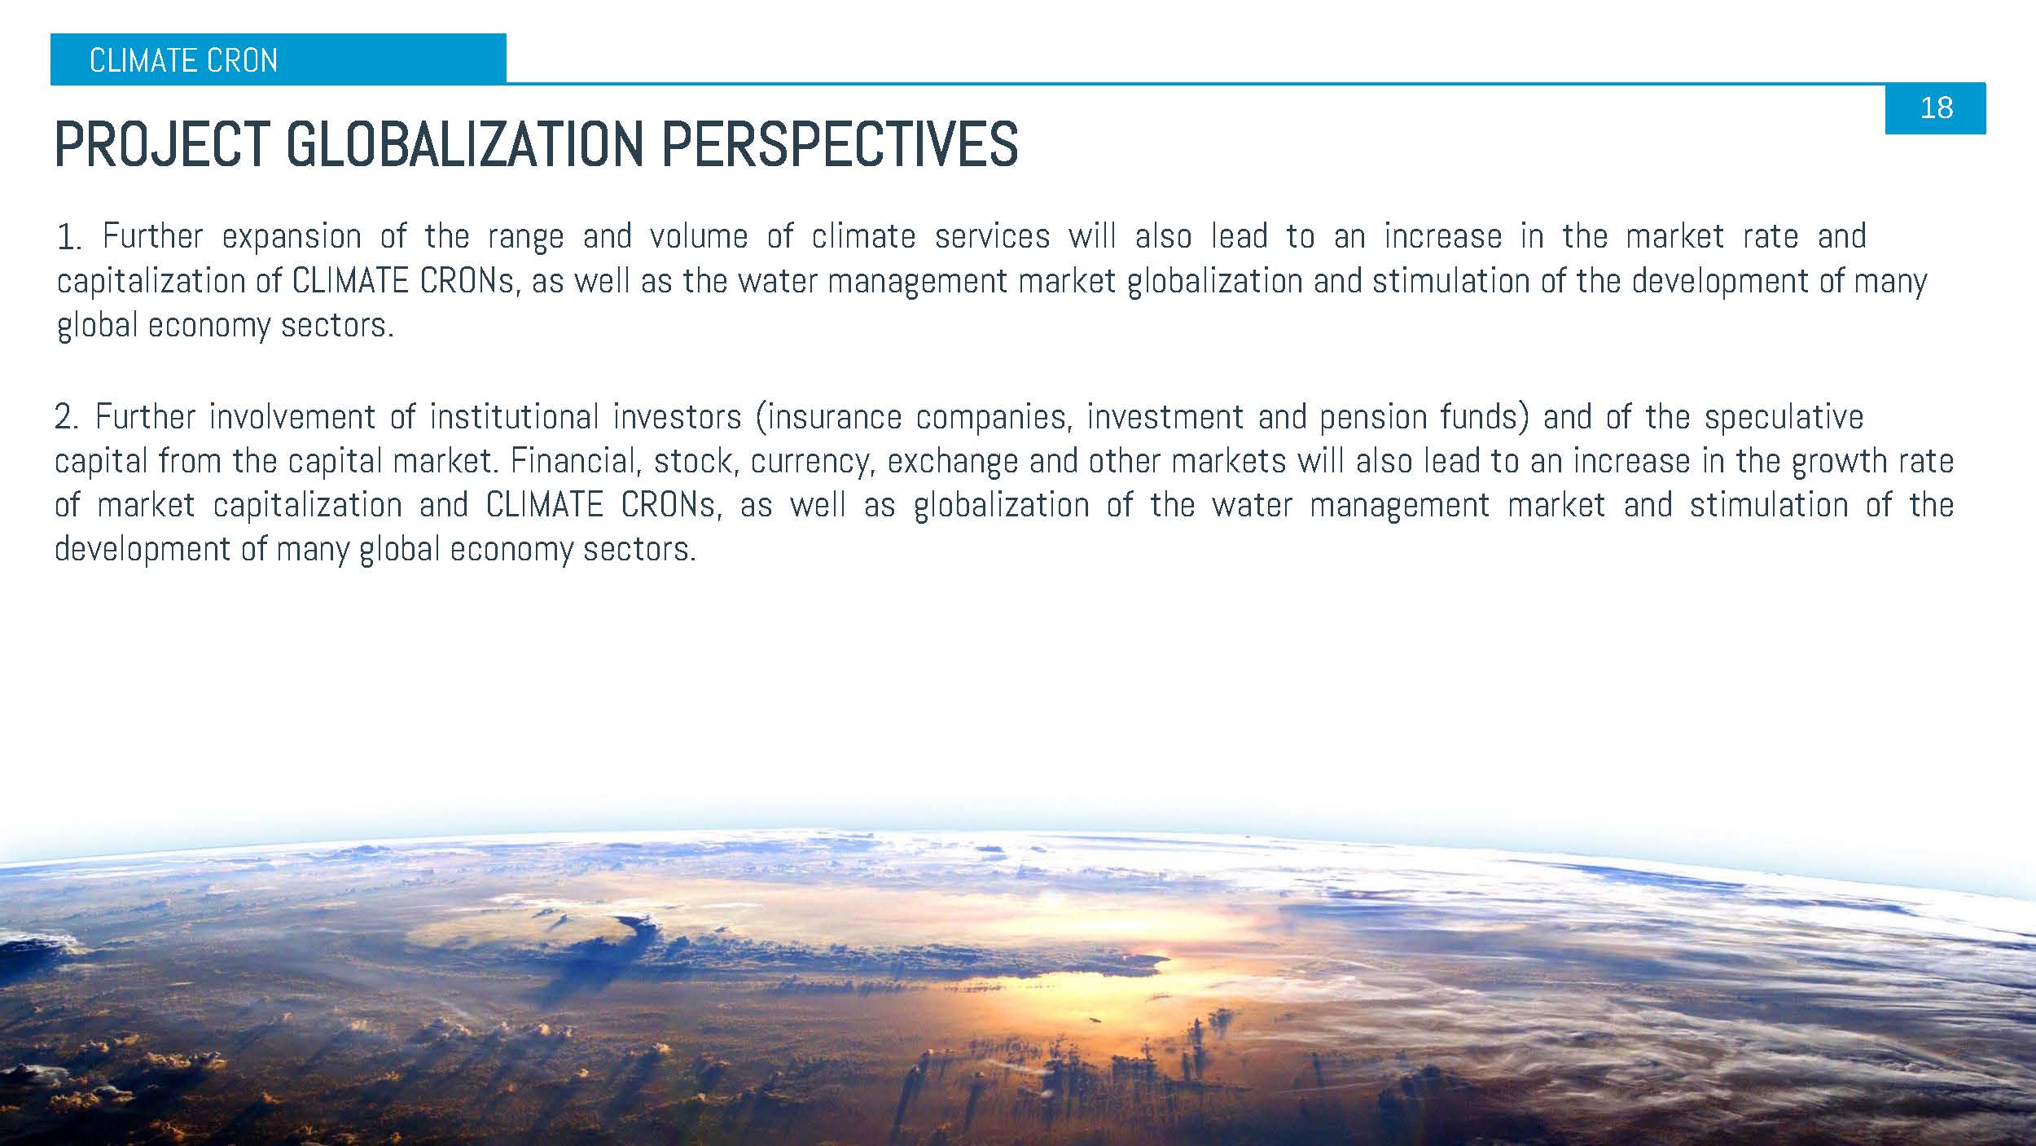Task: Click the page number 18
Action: (x=1936, y=108)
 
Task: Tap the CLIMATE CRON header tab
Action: (x=278, y=59)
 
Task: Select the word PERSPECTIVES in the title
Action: (x=840, y=145)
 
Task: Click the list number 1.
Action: (x=68, y=238)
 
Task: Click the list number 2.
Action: (x=66, y=417)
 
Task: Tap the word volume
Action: (x=699, y=237)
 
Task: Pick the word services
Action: (x=992, y=237)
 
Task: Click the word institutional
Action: (x=514, y=417)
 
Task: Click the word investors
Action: (x=678, y=417)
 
